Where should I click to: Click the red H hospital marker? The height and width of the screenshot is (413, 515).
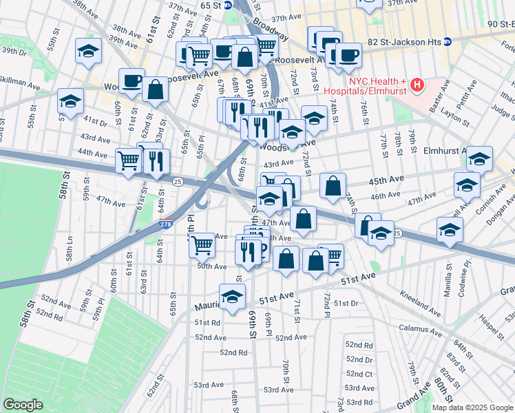click(x=416, y=85)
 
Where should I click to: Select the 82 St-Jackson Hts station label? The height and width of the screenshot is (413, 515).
click(x=407, y=41)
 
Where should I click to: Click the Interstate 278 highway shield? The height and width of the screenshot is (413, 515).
click(x=165, y=224)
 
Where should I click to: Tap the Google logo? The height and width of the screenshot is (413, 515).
click(x=23, y=405)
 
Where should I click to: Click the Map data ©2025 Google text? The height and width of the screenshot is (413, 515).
click(x=472, y=407)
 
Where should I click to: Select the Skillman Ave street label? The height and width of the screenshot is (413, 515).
click(x=21, y=82)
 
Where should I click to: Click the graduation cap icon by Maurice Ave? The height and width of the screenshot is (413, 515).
click(x=233, y=295)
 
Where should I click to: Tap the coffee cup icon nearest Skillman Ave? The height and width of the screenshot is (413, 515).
click(x=132, y=79)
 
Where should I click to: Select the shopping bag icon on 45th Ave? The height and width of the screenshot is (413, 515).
click(x=333, y=185)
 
